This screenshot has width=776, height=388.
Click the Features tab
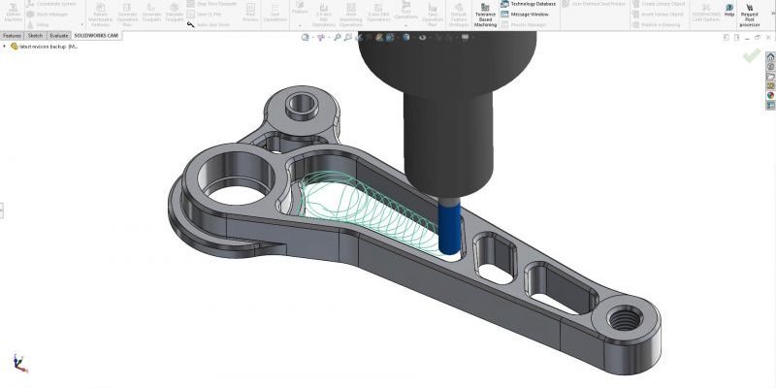(12, 36)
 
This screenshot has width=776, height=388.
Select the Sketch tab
(35, 36)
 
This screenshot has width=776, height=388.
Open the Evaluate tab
(59, 36)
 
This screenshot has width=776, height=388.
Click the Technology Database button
(528, 5)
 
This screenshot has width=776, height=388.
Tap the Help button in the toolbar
(729, 11)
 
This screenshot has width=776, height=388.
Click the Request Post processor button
(750, 14)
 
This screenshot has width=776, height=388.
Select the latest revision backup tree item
(48, 47)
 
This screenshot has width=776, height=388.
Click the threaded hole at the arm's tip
(622, 317)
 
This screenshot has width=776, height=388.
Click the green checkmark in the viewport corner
(751, 55)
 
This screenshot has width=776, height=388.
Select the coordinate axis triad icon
(18, 362)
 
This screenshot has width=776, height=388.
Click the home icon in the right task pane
(770, 57)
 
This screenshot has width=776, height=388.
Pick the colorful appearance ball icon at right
(770, 96)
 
